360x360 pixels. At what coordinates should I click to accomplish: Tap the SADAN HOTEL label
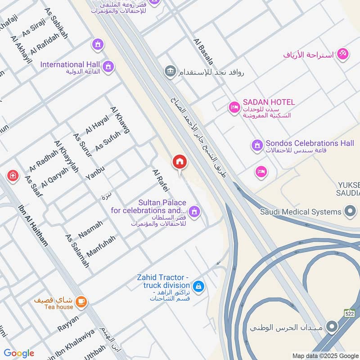268,102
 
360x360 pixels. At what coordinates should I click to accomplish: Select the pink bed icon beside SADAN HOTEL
234,107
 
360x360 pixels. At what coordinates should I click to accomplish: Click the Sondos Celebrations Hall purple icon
256,145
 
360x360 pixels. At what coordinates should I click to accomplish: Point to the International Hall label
70,65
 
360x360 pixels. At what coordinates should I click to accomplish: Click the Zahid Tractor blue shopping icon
198,286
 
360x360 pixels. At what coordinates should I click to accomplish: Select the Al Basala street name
203,51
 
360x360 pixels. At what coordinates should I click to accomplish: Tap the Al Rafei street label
160,183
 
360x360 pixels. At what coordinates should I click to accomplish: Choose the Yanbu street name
95,173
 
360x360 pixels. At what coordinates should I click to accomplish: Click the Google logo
19,353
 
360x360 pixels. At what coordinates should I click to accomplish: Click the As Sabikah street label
56,22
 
